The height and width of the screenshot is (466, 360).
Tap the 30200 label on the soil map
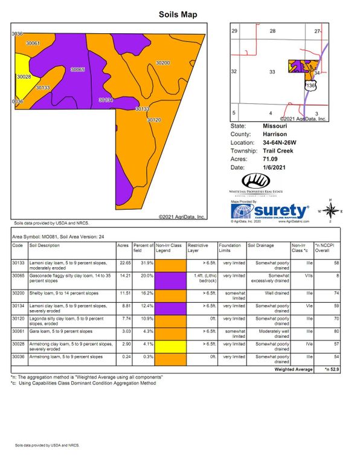pos(162,63)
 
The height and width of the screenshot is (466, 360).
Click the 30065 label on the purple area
pos(77,70)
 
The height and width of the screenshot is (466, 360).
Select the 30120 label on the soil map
pos(154,120)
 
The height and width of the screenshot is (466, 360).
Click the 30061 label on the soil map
pos(33,44)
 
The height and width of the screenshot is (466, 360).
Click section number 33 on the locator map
pos(272,72)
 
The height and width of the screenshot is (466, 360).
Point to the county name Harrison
pos(274,134)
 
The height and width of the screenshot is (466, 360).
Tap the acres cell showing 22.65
pos(123,263)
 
